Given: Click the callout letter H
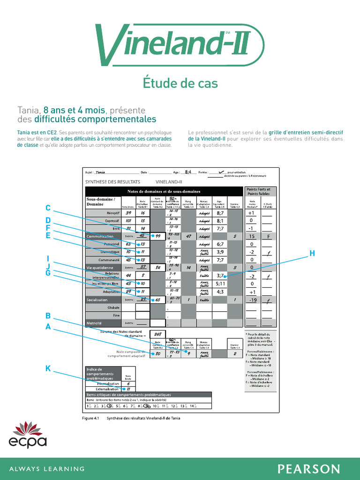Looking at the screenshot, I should (312, 254).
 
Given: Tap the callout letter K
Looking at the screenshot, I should (48, 368).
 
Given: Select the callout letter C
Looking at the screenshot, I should (48, 208).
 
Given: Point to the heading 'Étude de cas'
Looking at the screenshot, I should (180, 83).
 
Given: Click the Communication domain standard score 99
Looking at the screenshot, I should (158, 236).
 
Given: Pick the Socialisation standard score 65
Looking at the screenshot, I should (158, 300).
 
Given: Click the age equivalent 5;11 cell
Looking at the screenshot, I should (220, 284).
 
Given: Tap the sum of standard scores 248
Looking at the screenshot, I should (158, 334).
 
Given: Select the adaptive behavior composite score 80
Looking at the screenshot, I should (158, 354).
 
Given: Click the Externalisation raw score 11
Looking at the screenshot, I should (128, 389).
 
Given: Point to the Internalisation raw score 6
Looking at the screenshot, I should (128, 383).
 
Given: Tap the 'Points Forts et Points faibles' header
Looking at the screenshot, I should (259, 191).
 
